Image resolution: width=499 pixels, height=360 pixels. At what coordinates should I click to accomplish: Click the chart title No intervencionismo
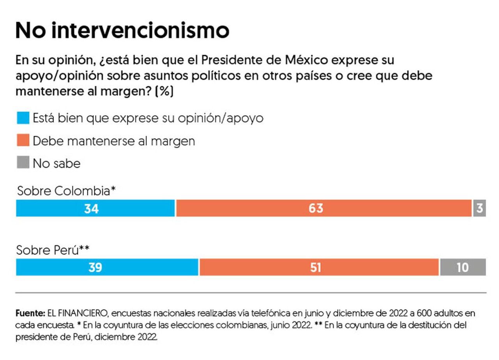pos(122,30)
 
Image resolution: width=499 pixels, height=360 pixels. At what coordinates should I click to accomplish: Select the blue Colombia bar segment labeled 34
pos(96,208)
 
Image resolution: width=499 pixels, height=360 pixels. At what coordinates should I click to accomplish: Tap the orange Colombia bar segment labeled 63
pos(324,208)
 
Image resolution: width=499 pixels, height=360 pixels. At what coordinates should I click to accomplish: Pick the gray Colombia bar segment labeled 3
pos(480,208)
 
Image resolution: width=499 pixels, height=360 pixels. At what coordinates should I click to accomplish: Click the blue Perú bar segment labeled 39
pos(107,267)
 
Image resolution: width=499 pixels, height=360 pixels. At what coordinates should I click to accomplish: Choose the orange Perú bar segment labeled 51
pos(319,267)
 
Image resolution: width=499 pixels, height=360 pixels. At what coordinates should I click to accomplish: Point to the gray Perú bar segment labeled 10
pos(463,267)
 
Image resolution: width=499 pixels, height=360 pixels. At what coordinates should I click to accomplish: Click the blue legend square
pos(23,118)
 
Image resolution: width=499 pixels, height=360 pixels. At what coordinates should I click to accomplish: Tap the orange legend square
pos(23,140)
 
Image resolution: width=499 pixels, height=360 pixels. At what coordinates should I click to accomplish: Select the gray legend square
pos(23,163)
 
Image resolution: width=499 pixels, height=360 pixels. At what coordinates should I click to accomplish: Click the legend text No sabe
pos(57,163)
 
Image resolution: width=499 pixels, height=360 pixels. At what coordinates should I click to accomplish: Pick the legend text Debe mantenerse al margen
pos(114,141)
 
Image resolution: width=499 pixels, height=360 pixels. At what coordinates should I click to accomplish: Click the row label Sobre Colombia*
pos(67,191)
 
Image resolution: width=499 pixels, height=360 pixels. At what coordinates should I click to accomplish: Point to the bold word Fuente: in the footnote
pos(30,313)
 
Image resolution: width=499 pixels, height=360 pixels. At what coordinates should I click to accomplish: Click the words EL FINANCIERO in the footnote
pos(72,313)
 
